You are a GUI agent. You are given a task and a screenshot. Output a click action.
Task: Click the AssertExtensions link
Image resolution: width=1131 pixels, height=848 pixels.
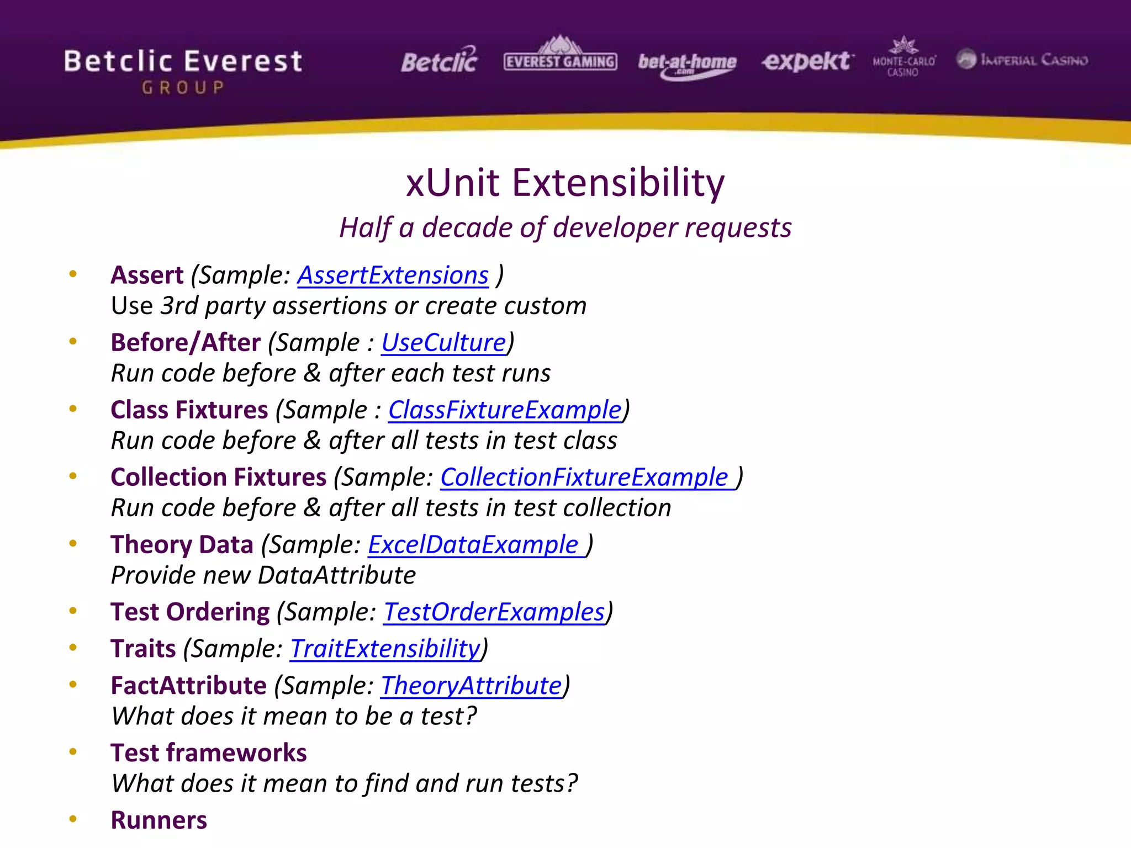393,275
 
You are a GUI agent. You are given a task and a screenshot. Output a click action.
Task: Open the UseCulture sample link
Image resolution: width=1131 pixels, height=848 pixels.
443,343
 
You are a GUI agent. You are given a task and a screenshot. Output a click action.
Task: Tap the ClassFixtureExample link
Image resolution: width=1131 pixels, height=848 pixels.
505,410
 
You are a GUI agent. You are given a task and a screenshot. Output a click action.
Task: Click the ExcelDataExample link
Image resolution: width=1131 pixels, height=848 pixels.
473,545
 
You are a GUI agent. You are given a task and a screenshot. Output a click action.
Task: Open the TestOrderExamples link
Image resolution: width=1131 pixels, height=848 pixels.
494,612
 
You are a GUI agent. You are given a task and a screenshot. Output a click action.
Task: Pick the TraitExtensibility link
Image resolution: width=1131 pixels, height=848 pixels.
385,649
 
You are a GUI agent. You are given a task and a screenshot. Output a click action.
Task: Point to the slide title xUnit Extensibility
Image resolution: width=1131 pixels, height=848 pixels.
565,183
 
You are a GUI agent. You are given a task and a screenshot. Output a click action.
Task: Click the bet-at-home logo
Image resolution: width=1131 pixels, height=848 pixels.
687,64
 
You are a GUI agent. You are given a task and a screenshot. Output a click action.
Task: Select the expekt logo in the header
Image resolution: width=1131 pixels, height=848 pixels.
807,61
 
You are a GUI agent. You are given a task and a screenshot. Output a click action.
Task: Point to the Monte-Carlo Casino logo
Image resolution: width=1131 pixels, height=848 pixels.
903,57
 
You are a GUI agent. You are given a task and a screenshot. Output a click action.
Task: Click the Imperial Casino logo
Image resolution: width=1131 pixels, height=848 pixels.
1022,60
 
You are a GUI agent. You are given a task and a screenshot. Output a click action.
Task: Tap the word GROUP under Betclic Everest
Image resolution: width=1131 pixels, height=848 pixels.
183,88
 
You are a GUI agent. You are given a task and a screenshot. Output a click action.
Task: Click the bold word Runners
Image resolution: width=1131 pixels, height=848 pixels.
159,820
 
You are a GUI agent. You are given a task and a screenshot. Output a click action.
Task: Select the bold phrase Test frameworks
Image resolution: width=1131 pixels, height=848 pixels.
209,753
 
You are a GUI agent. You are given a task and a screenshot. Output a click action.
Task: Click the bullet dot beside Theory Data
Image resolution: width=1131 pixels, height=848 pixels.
73,544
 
